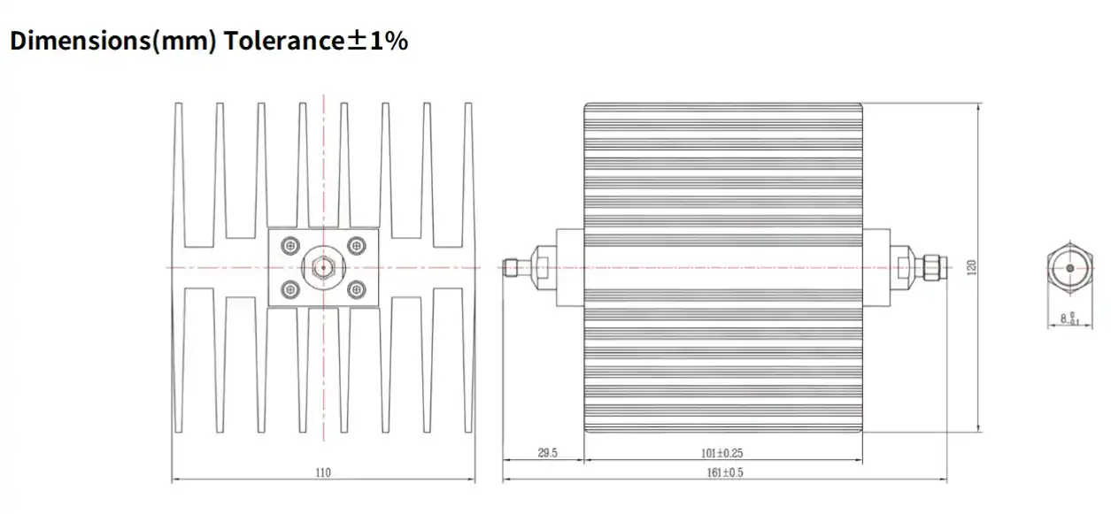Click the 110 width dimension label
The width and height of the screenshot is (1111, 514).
pos(323,473)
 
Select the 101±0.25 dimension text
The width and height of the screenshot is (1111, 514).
pos(722,453)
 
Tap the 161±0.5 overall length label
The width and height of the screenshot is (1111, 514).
pos(723,473)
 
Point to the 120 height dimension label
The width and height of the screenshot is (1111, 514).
pos(972,266)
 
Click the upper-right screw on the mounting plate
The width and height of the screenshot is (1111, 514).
pos(357,246)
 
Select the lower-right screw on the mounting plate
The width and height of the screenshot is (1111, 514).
pos(357,288)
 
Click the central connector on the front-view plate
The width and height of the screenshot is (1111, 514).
pos(323,266)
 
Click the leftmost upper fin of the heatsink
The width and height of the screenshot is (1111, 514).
pos(178,168)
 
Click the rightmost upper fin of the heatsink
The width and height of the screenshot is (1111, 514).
pos(468,168)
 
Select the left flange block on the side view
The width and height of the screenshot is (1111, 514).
pos(569,266)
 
